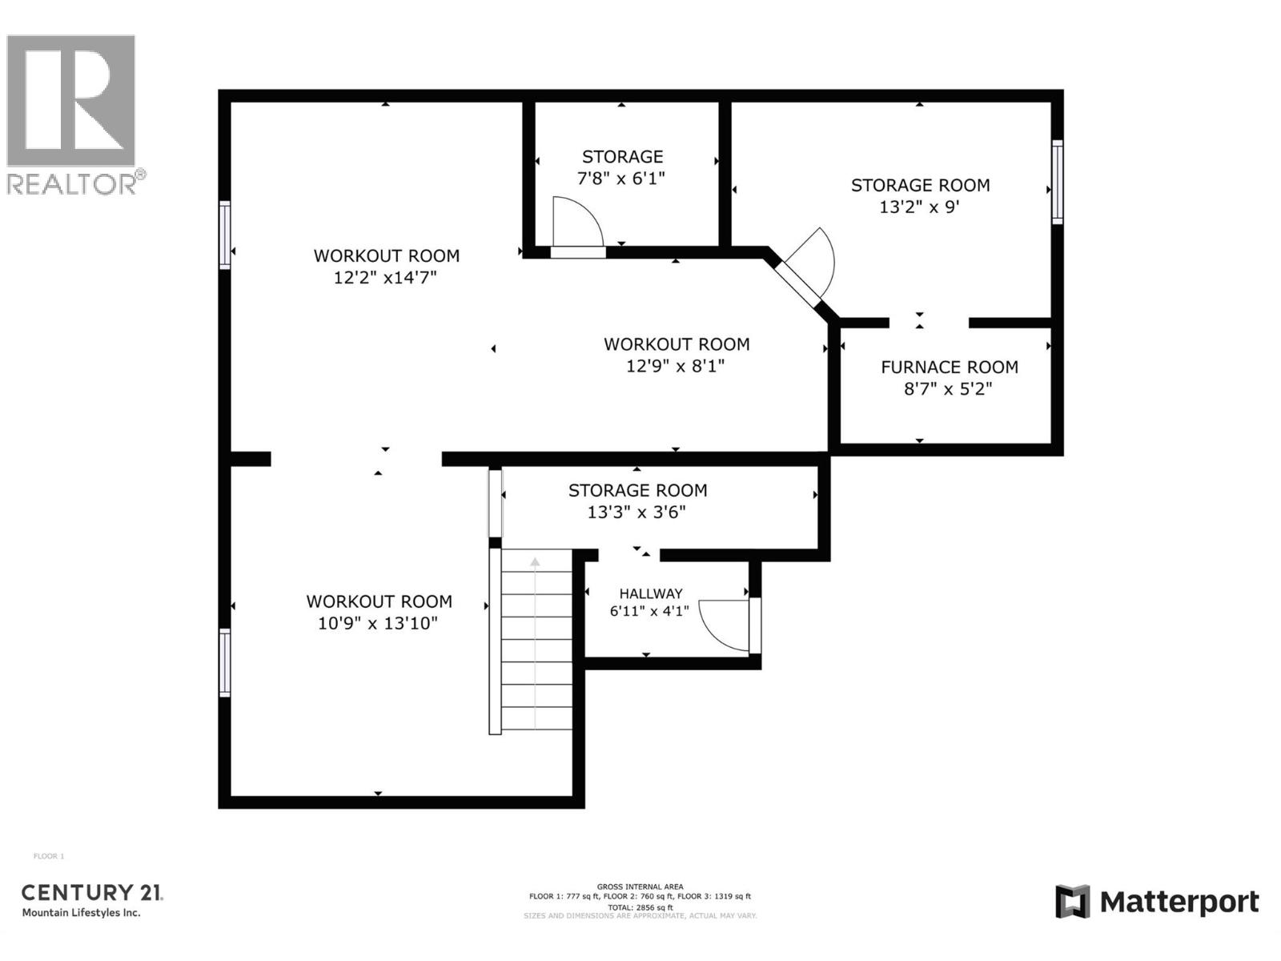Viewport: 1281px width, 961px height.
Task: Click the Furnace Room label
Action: click(x=950, y=367)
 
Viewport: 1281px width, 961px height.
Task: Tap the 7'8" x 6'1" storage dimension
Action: click(x=621, y=178)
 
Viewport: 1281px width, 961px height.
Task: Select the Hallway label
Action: click(x=650, y=593)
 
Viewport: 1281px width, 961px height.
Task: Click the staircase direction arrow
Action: click(x=535, y=562)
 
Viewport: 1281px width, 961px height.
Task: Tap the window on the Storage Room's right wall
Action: click(x=1057, y=182)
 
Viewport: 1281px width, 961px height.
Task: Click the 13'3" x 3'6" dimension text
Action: click(x=636, y=512)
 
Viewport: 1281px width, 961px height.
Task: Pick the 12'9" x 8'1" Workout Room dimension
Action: click(x=676, y=366)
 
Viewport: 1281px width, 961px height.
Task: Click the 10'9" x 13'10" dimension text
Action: click(x=378, y=623)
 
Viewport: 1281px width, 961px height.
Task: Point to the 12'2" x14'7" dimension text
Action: click(x=385, y=278)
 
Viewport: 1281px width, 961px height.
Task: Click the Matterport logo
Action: click(x=1157, y=903)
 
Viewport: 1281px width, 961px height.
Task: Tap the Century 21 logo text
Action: click(x=91, y=892)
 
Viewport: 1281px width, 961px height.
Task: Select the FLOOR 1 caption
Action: click(x=48, y=856)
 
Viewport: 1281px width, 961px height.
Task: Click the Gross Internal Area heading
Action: click(x=640, y=887)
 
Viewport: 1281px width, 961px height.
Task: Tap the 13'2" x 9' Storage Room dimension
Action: click(x=919, y=207)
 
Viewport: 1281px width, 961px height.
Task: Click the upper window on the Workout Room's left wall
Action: click(x=225, y=235)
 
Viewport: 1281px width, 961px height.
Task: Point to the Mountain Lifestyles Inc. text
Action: click(x=81, y=913)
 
